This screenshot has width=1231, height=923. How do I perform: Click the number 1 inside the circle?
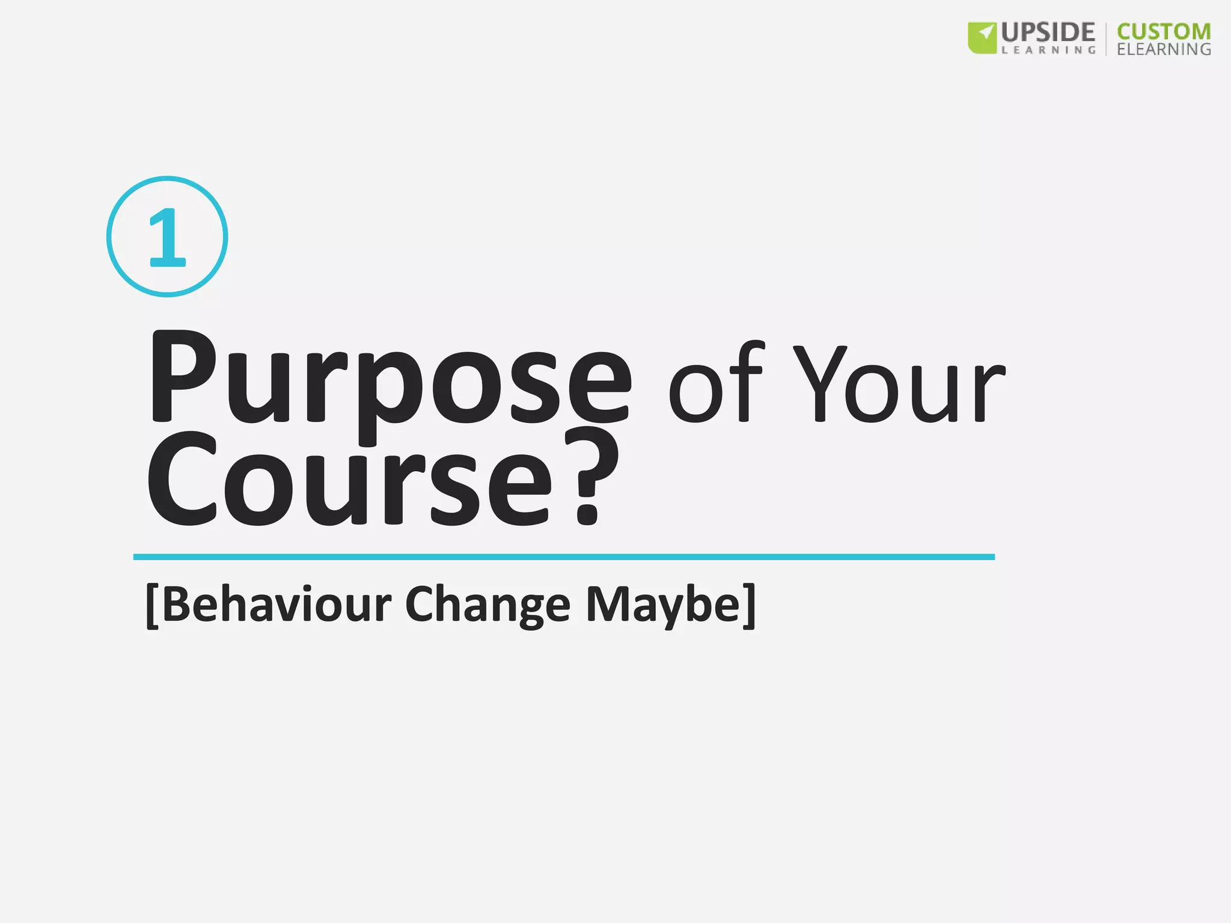(x=167, y=237)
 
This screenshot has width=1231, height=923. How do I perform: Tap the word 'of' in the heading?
(x=715, y=385)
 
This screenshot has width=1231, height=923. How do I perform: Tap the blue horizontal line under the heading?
(x=564, y=557)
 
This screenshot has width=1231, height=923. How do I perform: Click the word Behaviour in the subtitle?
(x=276, y=605)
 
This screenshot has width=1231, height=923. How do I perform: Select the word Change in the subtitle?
(x=487, y=606)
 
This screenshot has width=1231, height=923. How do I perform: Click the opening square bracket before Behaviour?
(x=152, y=606)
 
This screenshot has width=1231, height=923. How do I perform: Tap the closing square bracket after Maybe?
(x=749, y=606)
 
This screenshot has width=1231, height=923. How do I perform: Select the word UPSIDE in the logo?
(x=1048, y=32)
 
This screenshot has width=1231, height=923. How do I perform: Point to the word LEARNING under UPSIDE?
(x=1048, y=50)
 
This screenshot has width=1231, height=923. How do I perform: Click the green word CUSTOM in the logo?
(x=1164, y=31)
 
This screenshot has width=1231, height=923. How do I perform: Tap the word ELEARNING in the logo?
(x=1164, y=49)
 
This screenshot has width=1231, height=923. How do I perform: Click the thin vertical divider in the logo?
(x=1106, y=39)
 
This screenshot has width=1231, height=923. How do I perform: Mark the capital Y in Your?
(x=820, y=385)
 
